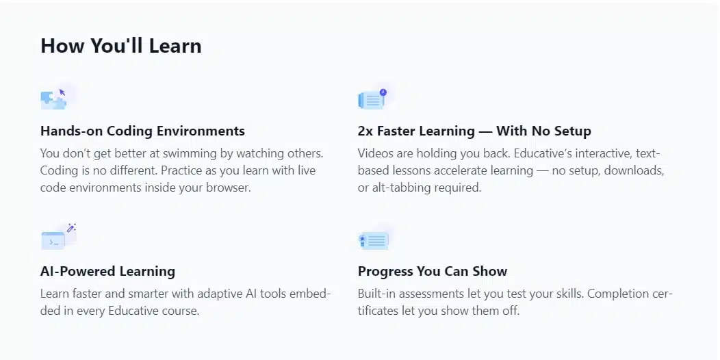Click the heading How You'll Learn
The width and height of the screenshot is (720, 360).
[120, 46]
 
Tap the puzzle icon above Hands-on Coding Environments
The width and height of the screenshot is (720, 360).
[53, 99]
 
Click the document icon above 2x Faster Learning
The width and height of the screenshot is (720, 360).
[372, 99]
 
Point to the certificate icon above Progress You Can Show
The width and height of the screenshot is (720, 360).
[373, 240]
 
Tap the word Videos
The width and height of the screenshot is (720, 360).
[373, 153]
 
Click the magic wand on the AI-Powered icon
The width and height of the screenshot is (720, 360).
[71, 227]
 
